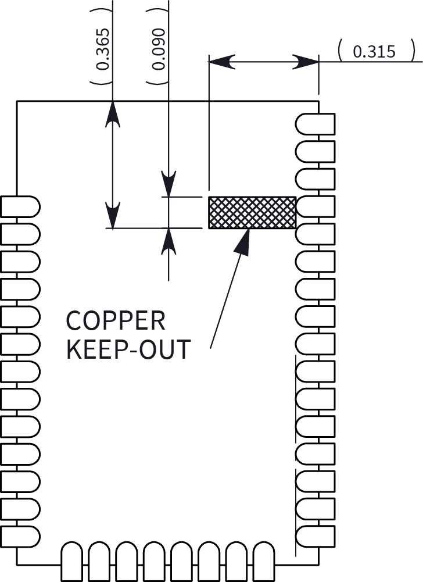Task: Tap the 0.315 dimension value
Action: tap(374, 52)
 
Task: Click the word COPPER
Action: tap(116, 321)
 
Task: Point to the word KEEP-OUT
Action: tap(128, 349)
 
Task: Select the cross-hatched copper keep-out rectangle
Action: tap(252, 212)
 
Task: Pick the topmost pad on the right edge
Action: tap(315, 124)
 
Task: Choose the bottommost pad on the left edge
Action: tap(20, 535)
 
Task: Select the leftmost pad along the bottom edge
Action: tap(73, 560)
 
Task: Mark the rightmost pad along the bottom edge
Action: tap(264, 560)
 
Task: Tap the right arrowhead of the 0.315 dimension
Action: tap(306, 61)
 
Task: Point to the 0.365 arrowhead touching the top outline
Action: tap(113, 114)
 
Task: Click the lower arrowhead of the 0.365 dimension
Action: tap(113, 215)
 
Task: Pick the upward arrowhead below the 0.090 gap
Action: tap(169, 241)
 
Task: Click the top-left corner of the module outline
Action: tap(17, 101)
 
